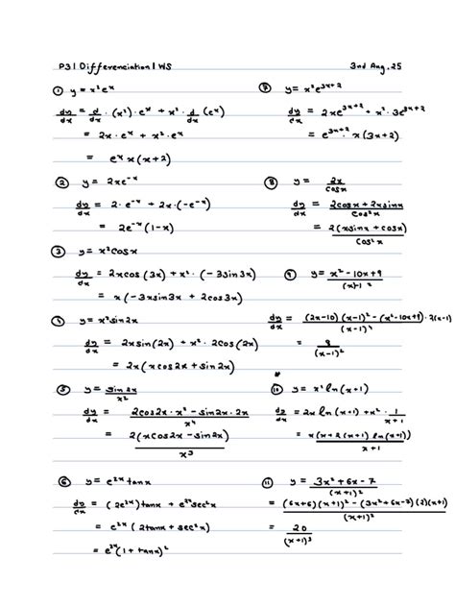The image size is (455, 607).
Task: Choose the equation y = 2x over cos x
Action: (x=323, y=182)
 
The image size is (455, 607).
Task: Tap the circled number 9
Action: (x=289, y=273)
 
